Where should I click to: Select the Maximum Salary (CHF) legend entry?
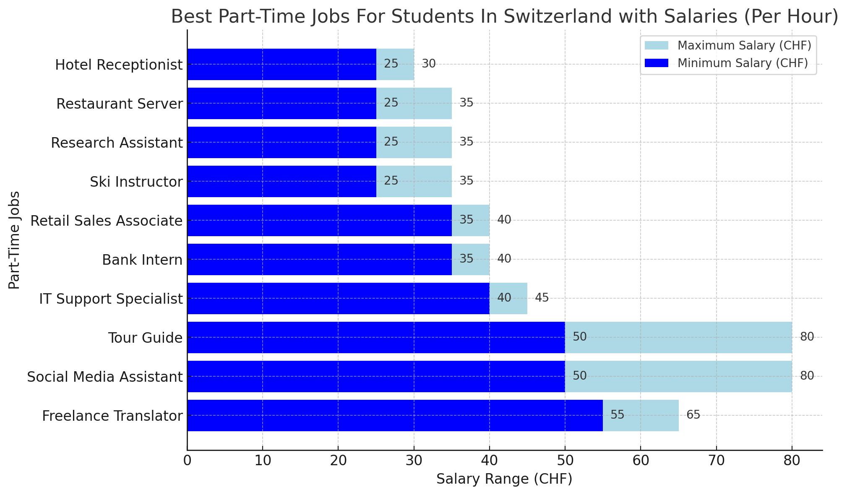coord(744,45)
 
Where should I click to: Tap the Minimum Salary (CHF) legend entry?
coord(743,63)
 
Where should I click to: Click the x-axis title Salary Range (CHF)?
coord(504,479)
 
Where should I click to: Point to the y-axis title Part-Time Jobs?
coord(14,240)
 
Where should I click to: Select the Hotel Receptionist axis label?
coord(119,65)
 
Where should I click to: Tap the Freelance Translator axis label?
coord(112,416)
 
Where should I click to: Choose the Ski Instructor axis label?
coord(136,182)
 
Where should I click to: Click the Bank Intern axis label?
coord(142,260)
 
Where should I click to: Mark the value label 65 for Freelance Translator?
coord(693,415)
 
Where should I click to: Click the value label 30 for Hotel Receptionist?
coord(429,64)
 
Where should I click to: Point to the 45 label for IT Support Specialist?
coord(542,298)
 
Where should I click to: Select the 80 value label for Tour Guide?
coord(807,337)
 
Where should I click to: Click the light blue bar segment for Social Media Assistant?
coord(678,376)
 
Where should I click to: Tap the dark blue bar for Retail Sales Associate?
coord(319,220)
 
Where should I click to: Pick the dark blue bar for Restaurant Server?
coord(281,103)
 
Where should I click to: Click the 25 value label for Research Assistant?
coord(391,142)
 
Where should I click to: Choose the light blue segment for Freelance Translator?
coord(641,415)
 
